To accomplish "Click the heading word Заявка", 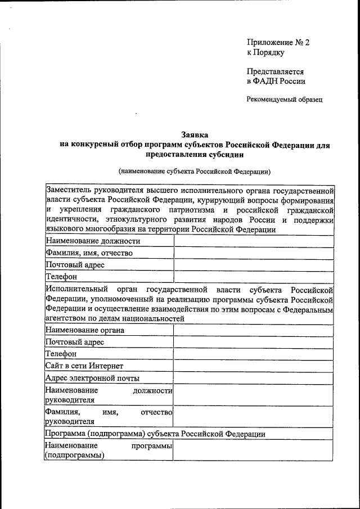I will pyautogui.click(x=195, y=135).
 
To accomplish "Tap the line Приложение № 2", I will pyautogui.click(x=278, y=43).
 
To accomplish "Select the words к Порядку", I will pyautogui.click(x=265, y=53).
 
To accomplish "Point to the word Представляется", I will pyautogui.click(x=275, y=72).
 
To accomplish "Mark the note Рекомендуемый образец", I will pyautogui.click(x=284, y=100).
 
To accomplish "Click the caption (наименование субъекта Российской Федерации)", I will pyautogui.click(x=195, y=170).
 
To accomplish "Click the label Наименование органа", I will pyautogui.click(x=85, y=330).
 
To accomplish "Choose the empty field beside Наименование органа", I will pyautogui.click(x=254, y=330).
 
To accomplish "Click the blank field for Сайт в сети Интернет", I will pyautogui.click(x=254, y=366).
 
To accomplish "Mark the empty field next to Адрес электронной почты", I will pyautogui.click(x=254, y=378).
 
